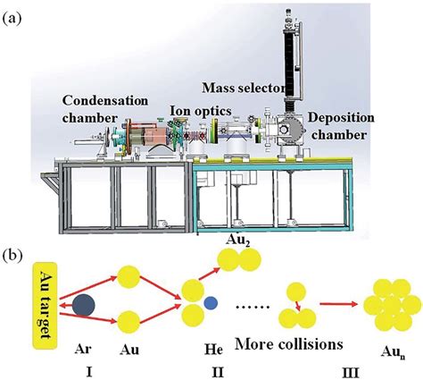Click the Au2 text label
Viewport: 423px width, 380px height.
point(231,238)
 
